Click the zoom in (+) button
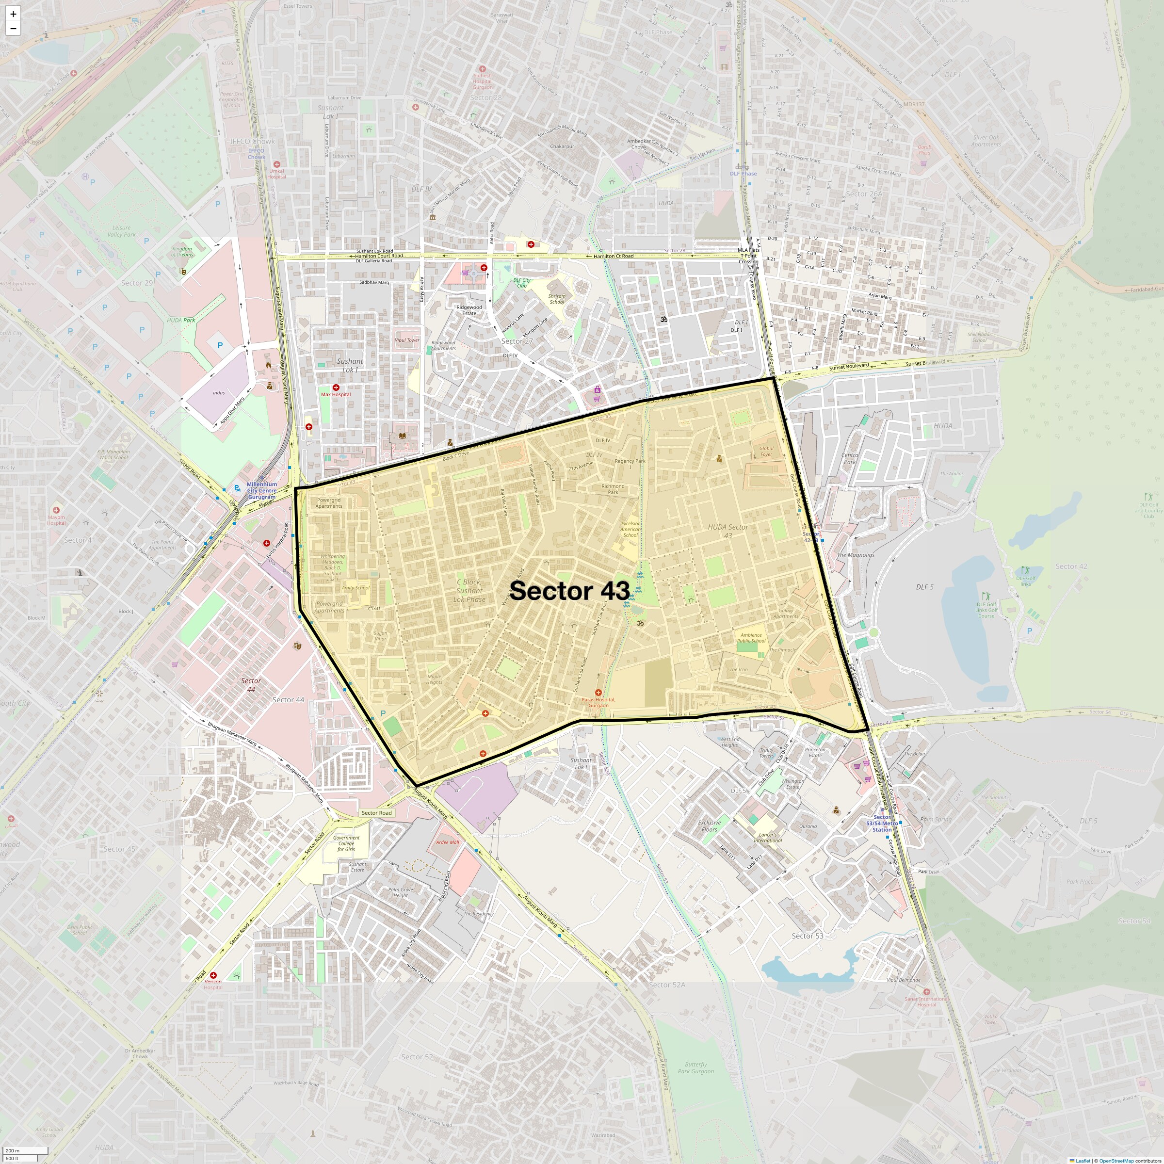(x=13, y=13)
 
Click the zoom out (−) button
(x=13, y=28)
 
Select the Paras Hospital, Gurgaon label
(x=598, y=702)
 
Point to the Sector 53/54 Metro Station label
(x=882, y=823)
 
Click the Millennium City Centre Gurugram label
(x=261, y=490)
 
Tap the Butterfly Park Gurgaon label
(x=695, y=1067)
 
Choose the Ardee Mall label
(x=447, y=842)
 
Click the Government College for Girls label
(x=346, y=843)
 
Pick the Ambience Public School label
(x=751, y=637)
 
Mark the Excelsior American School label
(x=630, y=529)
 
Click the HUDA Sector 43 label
(x=728, y=531)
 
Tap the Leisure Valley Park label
(x=121, y=231)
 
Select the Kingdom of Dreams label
(x=182, y=251)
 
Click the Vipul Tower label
(x=407, y=340)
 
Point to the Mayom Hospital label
(x=56, y=520)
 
